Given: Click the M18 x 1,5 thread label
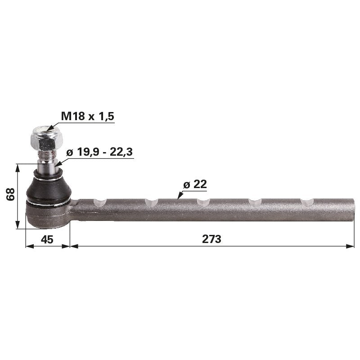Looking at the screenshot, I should [88, 116].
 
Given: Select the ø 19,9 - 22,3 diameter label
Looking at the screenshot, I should [99, 152].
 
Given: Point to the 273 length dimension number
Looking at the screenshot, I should [211, 239].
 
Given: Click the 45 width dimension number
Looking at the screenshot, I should [47, 239].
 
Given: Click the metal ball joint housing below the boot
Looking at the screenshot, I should [47, 216].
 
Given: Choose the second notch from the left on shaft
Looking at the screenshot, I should [152, 202].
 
